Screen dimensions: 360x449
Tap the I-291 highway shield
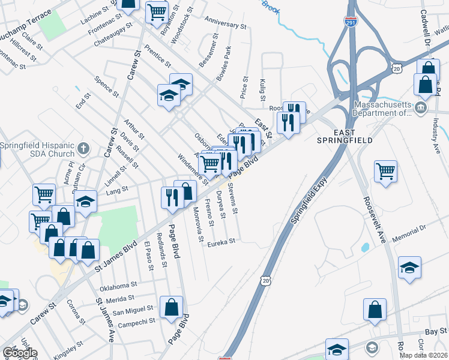pyautogui.click(x=351, y=21)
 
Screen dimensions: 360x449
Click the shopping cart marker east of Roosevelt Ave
pyautogui.click(x=385, y=170)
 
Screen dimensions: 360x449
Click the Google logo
pyautogui.click(x=19, y=352)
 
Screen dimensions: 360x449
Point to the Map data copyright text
pyautogui.click(x=424, y=355)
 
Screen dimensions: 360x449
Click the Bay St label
pyautogui.click(x=436, y=331)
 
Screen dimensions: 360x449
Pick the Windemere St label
pyautogui.click(x=193, y=170)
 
